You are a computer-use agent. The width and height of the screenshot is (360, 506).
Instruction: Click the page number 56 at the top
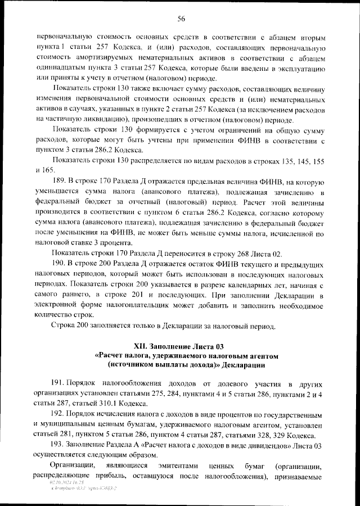click(182, 19)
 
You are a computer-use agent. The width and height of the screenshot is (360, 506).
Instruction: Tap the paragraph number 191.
click(60, 383)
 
